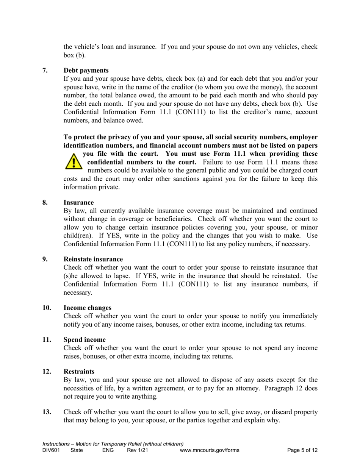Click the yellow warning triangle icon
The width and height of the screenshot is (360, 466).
coord(73,161)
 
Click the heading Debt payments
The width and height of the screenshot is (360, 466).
coord(86,70)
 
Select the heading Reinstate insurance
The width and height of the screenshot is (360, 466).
coord(93,259)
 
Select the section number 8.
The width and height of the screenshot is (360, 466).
coord(45,203)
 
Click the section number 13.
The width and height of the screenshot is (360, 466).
coord(47,412)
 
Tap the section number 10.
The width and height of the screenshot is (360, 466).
coord(47,308)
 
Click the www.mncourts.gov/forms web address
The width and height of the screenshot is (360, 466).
coord(210,450)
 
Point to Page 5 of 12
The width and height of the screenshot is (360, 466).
coord(302,450)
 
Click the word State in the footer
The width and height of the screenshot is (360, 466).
coord(77,450)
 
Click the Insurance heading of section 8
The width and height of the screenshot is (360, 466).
coord(78,203)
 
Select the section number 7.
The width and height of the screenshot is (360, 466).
coord(45,70)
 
